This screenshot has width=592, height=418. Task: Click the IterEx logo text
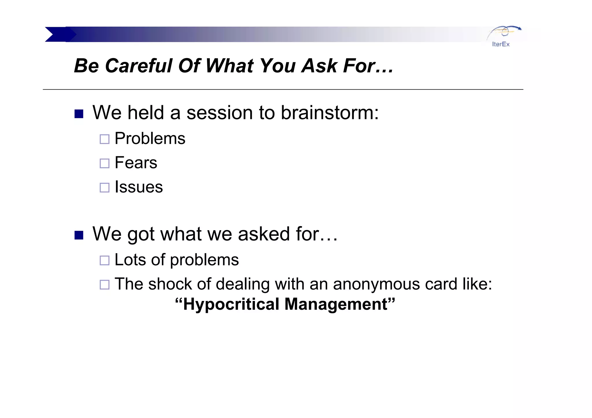click(501, 44)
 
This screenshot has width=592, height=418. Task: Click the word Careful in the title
click(138, 66)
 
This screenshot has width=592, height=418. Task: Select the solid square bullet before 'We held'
click(79, 114)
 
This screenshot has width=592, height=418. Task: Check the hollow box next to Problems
click(104, 139)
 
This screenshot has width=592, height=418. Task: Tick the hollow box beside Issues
click(104, 188)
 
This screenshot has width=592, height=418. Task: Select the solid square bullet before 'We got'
click(79, 235)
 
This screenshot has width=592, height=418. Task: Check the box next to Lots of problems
click(104, 261)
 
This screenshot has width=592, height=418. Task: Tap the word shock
click(170, 284)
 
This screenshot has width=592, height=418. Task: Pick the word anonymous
click(376, 284)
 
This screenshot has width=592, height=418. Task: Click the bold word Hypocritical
click(231, 304)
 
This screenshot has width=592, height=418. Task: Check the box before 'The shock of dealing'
click(104, 285)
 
